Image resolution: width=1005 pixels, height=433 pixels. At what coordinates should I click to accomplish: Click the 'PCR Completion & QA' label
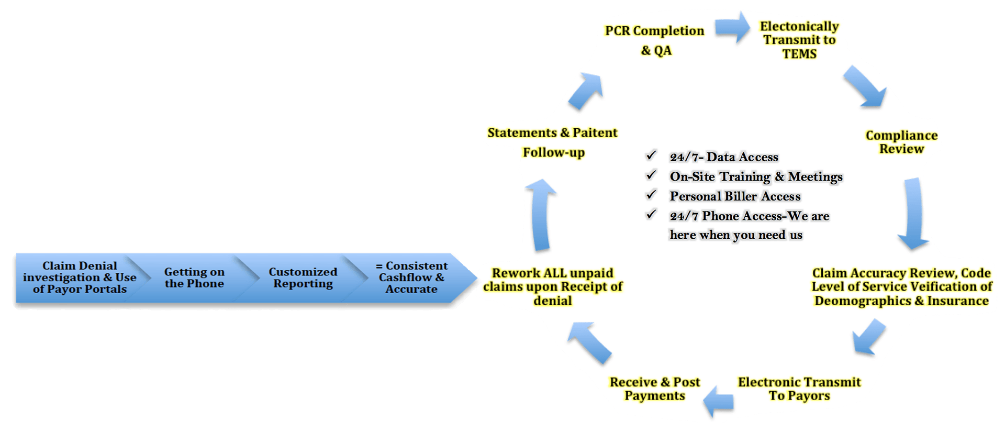pos(654,40)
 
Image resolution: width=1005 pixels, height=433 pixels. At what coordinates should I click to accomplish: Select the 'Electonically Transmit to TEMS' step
pos(799,40)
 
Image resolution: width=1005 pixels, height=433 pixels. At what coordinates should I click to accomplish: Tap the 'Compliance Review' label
pos(901,142)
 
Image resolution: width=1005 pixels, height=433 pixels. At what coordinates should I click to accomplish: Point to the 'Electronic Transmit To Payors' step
pos(799,389)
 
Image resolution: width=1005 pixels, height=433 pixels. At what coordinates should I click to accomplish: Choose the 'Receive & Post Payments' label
pos(655,389)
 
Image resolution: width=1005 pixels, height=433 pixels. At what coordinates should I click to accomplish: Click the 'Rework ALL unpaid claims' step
pos(553,287)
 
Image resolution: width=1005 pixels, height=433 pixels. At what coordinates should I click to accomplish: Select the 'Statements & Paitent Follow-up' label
pos(553,142)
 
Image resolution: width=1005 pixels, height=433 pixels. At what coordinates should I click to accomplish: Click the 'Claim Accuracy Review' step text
pos(901,287)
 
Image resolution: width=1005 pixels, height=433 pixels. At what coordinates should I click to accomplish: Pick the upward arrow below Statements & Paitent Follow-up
pos(541,215)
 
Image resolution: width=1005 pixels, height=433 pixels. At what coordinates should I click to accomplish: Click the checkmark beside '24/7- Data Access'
pos(651,156)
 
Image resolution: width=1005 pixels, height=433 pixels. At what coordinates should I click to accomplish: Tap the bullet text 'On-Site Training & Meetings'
pos(756,177)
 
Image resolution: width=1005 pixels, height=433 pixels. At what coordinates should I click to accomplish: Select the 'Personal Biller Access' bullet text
pos(735,196)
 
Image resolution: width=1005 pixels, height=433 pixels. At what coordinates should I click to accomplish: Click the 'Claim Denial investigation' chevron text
pos(80,277)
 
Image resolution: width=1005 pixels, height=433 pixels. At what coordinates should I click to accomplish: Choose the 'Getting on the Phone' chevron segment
pos(194,277)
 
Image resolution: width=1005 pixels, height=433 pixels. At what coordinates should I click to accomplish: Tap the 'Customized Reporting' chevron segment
pos(303,277)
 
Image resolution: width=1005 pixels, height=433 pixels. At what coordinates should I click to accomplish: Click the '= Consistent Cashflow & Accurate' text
pos(411,277)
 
